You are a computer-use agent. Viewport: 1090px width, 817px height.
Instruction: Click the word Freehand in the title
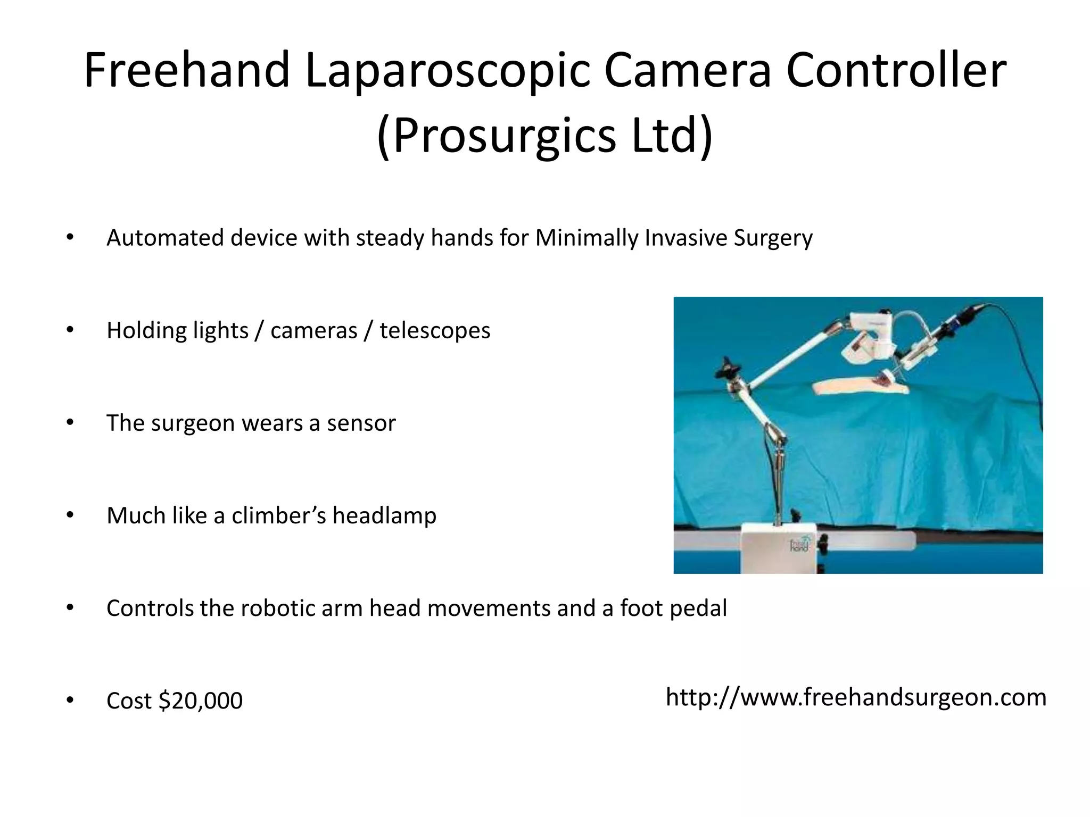[187, 70]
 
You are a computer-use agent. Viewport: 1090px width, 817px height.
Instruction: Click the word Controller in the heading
[896, 70]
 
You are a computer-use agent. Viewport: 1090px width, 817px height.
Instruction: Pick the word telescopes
[435, 330]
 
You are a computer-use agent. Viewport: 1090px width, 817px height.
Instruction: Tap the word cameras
[314, 330]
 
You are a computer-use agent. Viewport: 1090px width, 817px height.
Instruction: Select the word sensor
[361, 423]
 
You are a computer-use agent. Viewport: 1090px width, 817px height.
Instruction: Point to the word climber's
[278, 515]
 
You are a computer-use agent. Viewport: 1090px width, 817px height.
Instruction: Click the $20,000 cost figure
[201, 701]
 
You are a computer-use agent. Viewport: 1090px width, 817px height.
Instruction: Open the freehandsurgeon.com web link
[856, 697]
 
